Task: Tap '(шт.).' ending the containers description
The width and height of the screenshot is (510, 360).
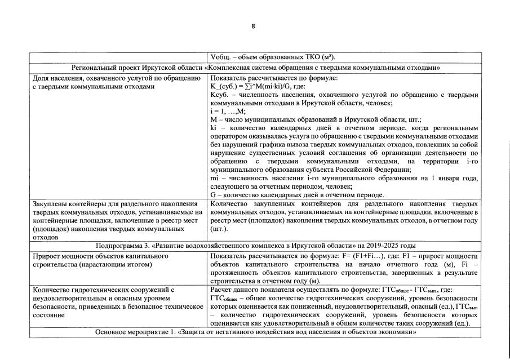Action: coord(219,229)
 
